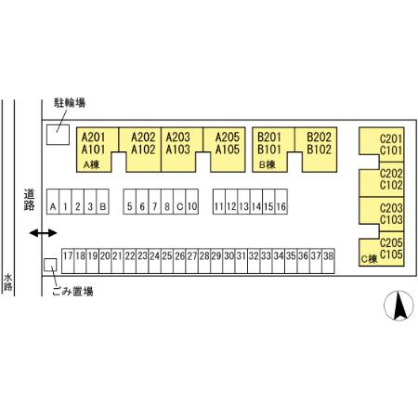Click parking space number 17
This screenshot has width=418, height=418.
[x=68, y=261]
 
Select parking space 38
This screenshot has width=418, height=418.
[x=328, y=261]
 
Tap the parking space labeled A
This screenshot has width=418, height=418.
[x=53, y=202]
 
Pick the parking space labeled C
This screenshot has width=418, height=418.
[x=179, y=202]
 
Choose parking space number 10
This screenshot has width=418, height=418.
[x=192, y=202]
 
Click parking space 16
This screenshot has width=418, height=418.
[x=281, y=202]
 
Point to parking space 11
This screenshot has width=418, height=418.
[x=219, y=202]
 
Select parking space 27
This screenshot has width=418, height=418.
[x=192, y=261]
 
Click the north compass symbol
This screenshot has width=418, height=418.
[x=398, y=306]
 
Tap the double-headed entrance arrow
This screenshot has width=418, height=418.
[x=44, y=233]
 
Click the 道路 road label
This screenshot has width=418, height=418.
[x=30, y=200]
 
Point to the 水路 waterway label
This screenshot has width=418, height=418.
[x=7, y=282]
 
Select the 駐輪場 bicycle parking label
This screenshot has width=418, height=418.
[x=70, y=103]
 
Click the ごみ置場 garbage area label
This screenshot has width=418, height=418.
[x=72, y=291]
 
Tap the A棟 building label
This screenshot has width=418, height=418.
[x=91, y=164]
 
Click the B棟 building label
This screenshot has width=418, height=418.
[x=267, y=164]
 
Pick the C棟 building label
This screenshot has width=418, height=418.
[x=370, y=258]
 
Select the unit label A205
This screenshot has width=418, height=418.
[x=228, y=137]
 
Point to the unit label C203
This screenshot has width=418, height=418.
[x=391, y=208]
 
